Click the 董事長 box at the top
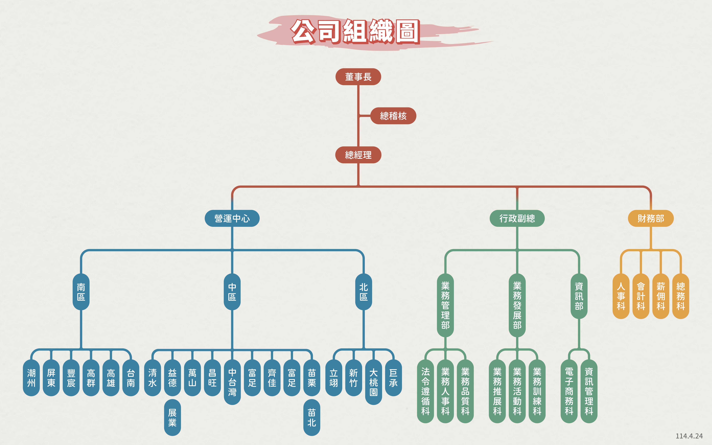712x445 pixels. tap(358, 77)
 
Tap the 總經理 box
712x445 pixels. tap(358, 155)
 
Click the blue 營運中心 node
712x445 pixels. tap(232, 218)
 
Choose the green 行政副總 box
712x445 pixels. tap(517, 218)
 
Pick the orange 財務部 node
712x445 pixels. tap(651, 218)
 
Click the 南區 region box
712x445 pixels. tap(81, 292)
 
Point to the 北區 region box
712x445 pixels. tap(364, 292)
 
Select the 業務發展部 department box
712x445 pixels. tap(517, 305)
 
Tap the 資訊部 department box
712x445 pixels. tap(579, 296)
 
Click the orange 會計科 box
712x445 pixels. tap(641, 296)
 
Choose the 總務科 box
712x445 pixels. tap(681, 296)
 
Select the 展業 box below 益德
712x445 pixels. tap(172, 417)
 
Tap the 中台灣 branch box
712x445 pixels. tap(232, 382)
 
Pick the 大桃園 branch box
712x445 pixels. tap(373, 382)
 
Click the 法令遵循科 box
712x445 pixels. tap(425, 391)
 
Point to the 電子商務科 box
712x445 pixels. tap(569, 391)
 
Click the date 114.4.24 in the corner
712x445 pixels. tap(689, 436)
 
